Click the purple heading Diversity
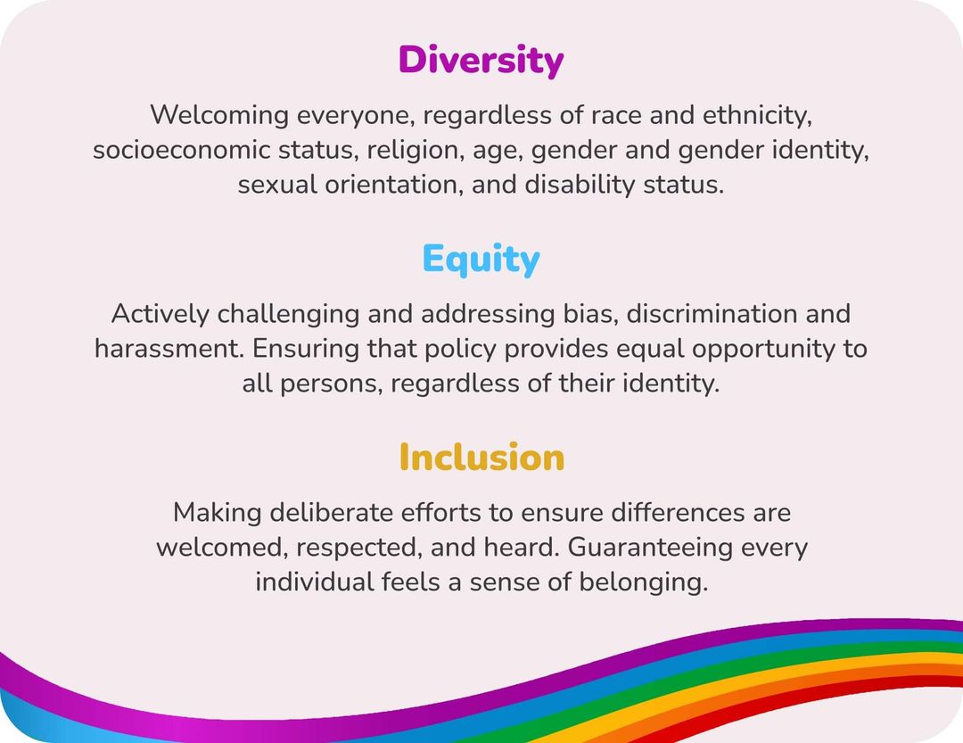tap(481, 61)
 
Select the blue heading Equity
tap(481, 260)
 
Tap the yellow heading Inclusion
tap(481, 457)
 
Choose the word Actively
tap(160, 314)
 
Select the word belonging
tap(643, 582)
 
